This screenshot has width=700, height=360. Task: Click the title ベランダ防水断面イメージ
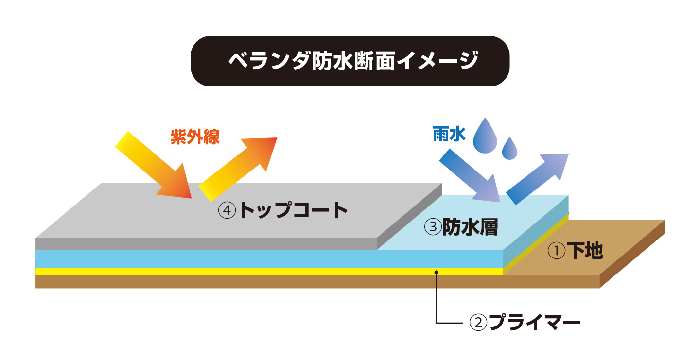pos(350,61)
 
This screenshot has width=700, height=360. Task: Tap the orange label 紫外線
pos(195,137)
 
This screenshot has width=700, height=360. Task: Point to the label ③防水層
pos(461,227)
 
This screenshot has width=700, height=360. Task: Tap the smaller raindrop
pos(509,148)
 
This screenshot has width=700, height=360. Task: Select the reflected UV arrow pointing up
pos(238,168)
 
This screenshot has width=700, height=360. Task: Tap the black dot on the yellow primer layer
pos(437,272)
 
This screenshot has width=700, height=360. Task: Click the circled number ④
pos(227,210)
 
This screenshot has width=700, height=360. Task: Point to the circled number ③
pos(432,227)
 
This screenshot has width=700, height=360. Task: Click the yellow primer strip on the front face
pos(243,272)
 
